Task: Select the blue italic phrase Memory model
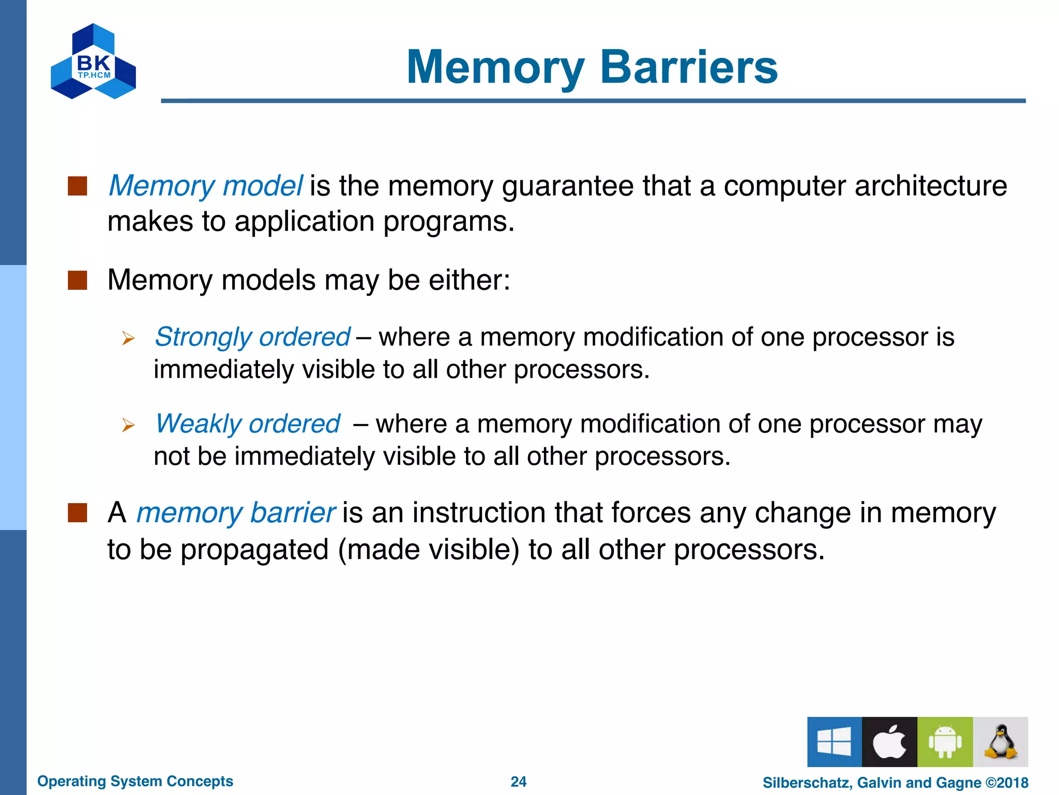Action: [x=205, y=186]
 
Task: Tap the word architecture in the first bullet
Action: [x=930, y=186]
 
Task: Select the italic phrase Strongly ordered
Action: [x=252, y=337]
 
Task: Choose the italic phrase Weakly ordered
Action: [x=248, y=424]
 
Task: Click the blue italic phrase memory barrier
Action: [x=236, y=513]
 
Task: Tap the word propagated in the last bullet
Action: [x=254, y=550]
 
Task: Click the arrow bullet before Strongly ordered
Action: [x=128, y=339]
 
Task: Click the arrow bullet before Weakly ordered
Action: [x=128, y=425]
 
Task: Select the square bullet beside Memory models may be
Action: [x=78, y=281]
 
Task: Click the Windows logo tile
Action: [x=834, y=742]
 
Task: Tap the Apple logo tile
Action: [x=889, y=742]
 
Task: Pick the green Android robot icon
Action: [x=945, y=742]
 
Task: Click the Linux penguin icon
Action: [x=1000, y=742]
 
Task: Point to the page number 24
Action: [x=518, y=782]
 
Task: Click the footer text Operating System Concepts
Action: [x=135, y=781]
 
